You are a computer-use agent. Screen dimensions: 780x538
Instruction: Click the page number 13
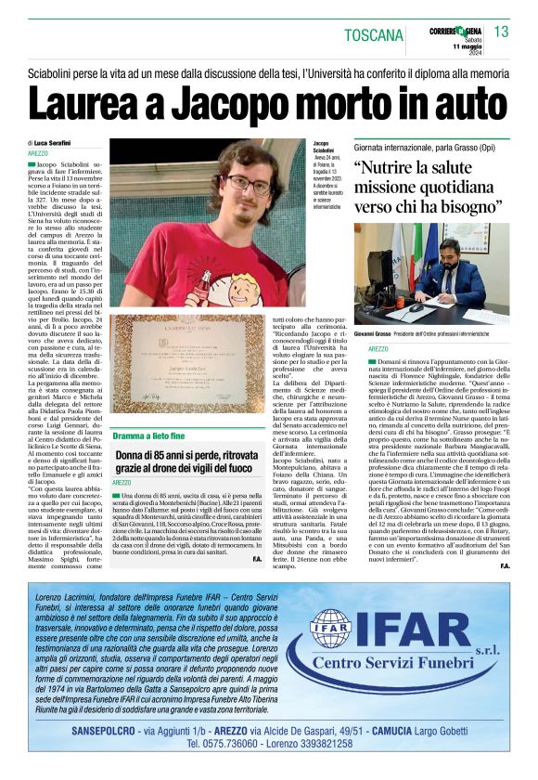[x=501, y=32]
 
